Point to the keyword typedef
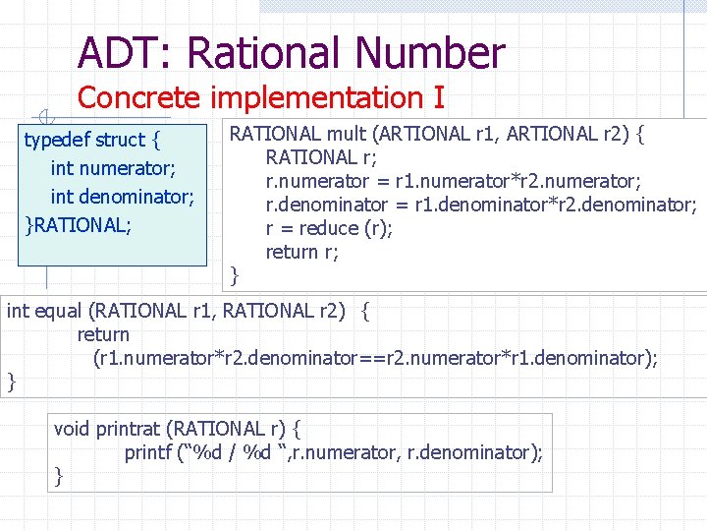point(57,140)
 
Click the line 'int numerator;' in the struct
point(113,168)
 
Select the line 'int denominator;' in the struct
point(122,196)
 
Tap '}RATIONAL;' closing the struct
point(78,223)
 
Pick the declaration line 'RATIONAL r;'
point(321,157)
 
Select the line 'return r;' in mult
point(301,252)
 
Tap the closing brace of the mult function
point(234,275)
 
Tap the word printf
point(150,453)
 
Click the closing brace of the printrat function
point(59,476)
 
